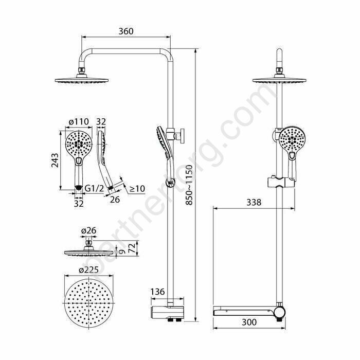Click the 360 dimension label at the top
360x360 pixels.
point(126,31)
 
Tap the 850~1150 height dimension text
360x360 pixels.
point(189,185)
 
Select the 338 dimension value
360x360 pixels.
point(254,202)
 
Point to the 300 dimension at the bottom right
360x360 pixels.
point(249,322)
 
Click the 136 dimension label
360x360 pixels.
point(157,292)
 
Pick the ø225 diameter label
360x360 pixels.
point(88,270)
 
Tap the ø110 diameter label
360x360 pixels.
point(79,121)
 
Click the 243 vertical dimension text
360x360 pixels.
point(55,160)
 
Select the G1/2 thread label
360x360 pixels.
point(94,189)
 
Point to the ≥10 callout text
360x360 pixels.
point(137,189)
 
